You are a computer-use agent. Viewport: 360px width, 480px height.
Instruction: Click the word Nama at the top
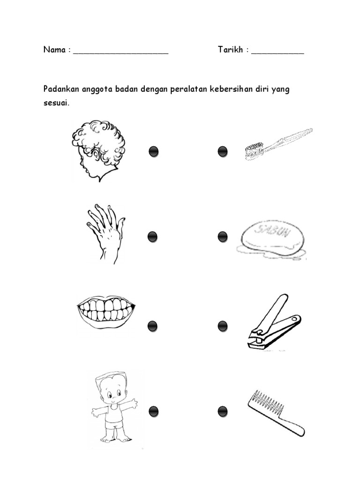pos(54,50)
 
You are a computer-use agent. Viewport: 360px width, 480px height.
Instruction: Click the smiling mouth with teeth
pos(105,311)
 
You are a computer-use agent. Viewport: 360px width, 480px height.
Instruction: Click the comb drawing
pos(275,412)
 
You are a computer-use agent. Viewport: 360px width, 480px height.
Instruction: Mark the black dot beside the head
pos(153,151)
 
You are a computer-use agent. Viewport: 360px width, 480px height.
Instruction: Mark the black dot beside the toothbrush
pos(223,151)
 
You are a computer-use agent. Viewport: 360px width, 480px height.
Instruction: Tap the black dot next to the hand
pos(152,237)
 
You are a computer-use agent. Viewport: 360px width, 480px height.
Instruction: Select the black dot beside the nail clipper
pos(223,326)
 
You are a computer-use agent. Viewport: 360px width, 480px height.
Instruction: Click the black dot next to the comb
pos(223,412)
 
